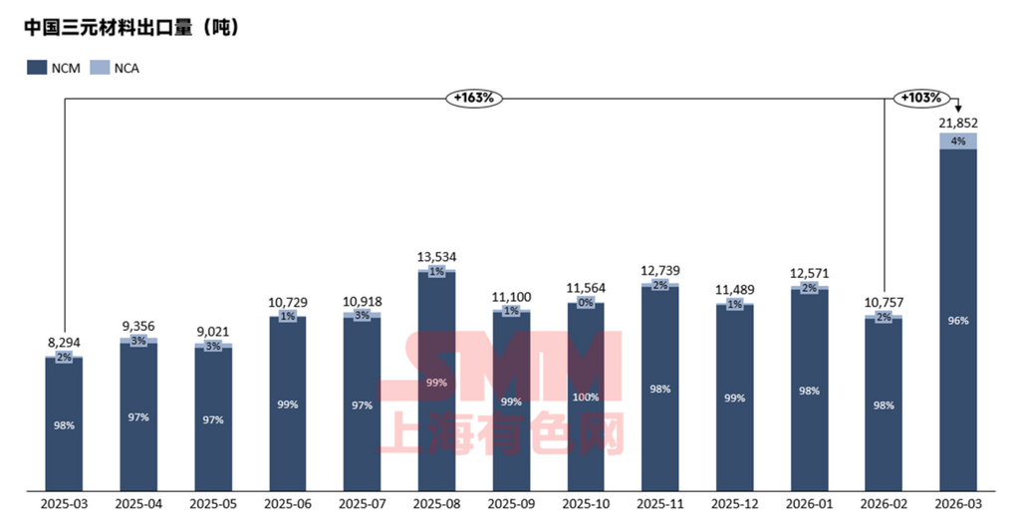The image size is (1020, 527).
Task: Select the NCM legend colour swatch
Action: [x=36, y=68]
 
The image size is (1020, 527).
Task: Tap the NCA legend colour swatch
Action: [x=100, y=68]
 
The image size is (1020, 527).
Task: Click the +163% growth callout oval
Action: [x=475, y=98]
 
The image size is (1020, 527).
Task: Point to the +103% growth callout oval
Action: [x=921, y=98]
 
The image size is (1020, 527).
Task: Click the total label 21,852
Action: [x=958, y=123]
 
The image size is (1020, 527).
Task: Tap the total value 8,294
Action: [x=64, y=344]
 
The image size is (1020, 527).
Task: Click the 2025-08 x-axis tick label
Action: [x=436, y=505]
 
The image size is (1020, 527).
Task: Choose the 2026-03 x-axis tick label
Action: [x=958, y=505]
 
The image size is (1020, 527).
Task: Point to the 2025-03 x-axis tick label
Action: [x=64, y=505]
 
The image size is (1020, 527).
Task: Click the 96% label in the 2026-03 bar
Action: [x=958, y=321]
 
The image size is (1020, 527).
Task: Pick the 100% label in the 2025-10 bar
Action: [x=586, y=396]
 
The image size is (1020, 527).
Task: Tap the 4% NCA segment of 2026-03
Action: [x=958, y=140]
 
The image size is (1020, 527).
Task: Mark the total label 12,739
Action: [x=660, y=272]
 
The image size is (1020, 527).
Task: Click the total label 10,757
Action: [x=884, y=303]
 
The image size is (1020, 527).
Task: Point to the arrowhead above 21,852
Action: [x=957, y=109]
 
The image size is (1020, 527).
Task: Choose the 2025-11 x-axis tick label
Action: [x=660, y=505]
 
